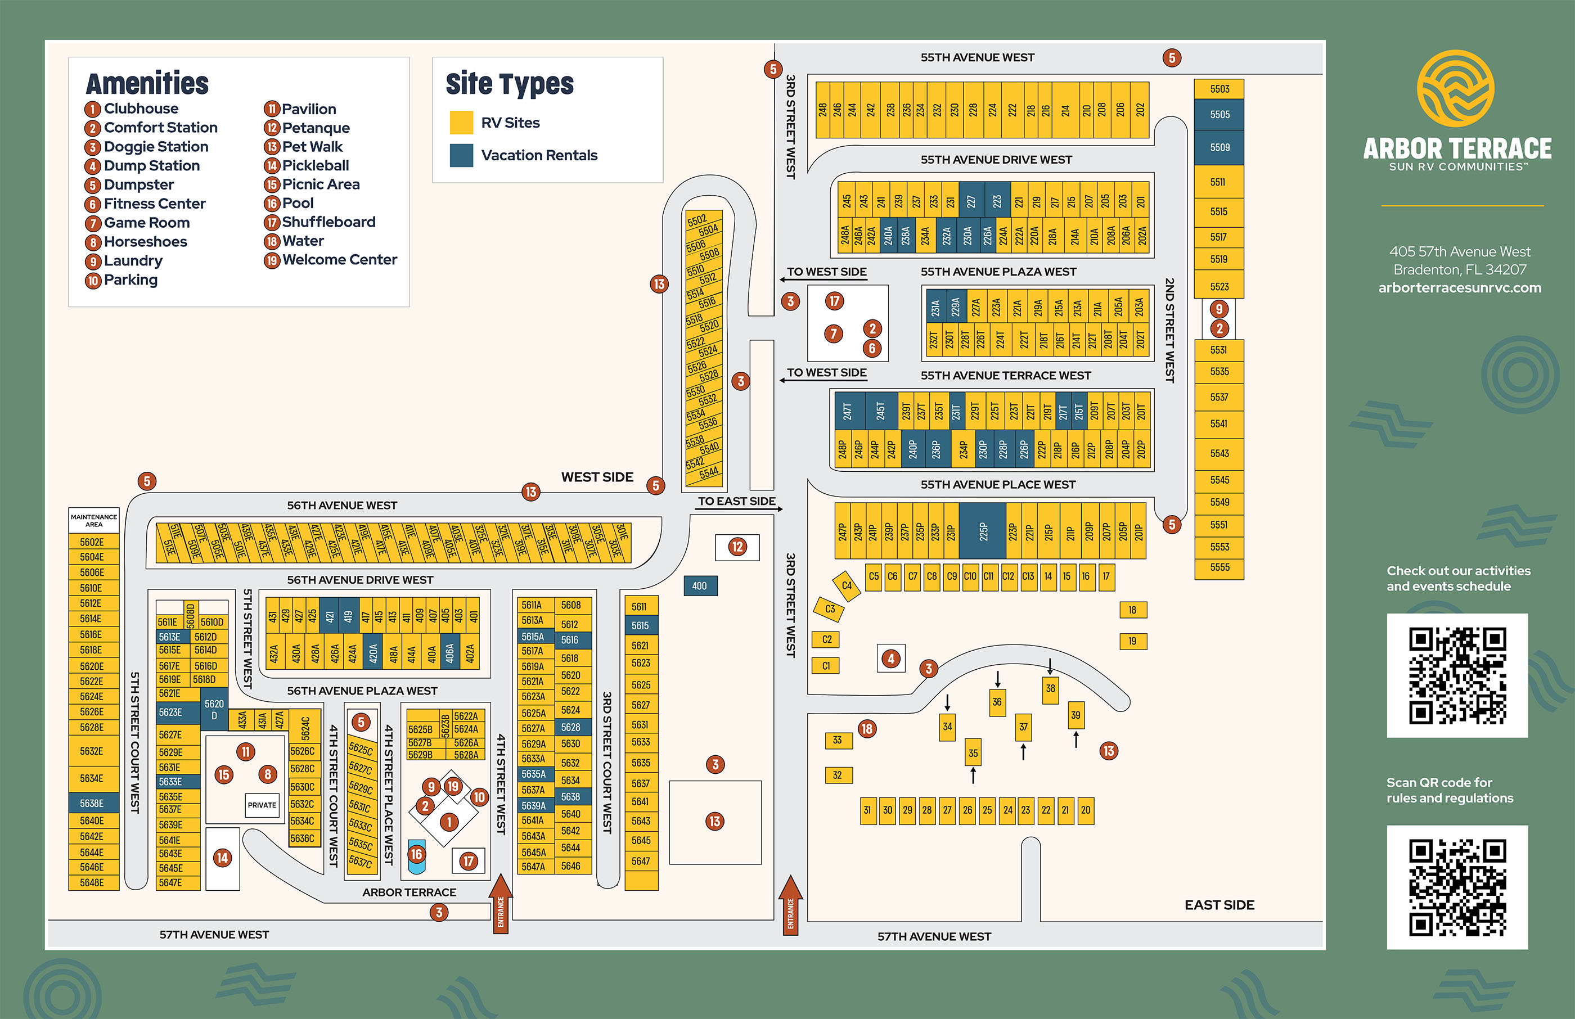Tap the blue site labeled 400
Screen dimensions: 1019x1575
click(x=700, y=585)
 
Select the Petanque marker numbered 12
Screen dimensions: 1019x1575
click(x=737, y=547)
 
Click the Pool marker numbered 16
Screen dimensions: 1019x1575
click(x=416, y=854)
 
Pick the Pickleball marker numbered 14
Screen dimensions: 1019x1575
click(x=222, y=858)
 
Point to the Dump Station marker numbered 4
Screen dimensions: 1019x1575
click(x=891, y=659)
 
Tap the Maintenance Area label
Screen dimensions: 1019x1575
click(x=94, y=521)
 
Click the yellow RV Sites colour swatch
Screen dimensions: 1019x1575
click(x=461, y=123)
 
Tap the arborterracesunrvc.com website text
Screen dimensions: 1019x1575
click(x=1459, y=288)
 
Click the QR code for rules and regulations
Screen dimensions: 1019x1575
click(x=1457, y=887)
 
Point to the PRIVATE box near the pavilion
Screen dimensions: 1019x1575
click(x=262, y=805)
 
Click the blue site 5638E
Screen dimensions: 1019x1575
click(x=93, y=803)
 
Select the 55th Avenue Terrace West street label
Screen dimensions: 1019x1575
click(x=1005, y=376)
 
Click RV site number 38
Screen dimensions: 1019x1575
click(x=1050, y=689)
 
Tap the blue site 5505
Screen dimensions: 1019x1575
click(x=1219, y=115)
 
